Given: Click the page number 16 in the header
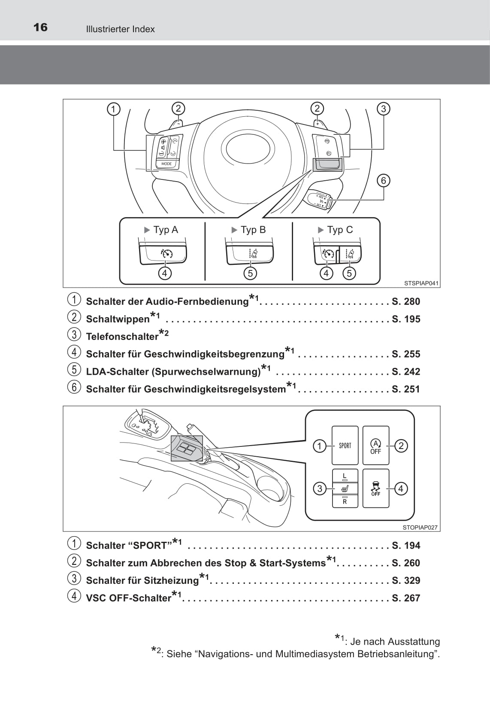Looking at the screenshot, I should click(x=40, y=27).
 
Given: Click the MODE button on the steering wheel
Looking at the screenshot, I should click(x=166, y=164).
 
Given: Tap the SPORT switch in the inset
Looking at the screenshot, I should click(x=345, y=446).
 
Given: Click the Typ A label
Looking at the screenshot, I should click(x=165, y=230).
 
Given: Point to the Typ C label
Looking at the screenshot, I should click(x=339, y=230).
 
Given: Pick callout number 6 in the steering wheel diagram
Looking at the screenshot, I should click(x=384, y=180).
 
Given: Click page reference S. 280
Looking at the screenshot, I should click(x=406, y=301).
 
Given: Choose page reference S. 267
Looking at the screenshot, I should click(x=406, y=598).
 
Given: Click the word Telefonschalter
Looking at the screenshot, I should click(x=122, y=337).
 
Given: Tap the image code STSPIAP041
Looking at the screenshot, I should click(x=421, y=283).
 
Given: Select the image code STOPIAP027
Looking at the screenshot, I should click(x=420, y=528).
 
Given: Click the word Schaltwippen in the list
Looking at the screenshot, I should click(x=118, y=319).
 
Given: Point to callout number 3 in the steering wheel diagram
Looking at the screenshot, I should click(x=384, y=109).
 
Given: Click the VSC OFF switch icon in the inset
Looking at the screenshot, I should click(x=376, y=489).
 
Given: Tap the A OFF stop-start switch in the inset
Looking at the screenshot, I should click(x=376, y=446).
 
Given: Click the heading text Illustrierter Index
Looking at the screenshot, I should click(x=120, y=29).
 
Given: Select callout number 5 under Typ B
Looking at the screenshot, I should click(x=250, y=273).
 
